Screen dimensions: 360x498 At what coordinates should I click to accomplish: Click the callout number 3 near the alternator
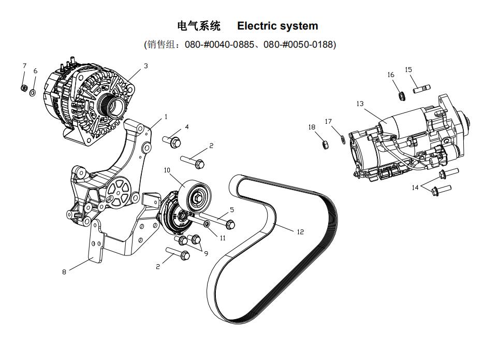146,66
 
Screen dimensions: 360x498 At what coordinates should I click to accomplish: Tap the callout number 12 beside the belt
300,232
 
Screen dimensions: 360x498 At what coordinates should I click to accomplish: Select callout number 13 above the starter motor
360,104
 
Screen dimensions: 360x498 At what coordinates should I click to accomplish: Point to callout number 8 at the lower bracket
64,271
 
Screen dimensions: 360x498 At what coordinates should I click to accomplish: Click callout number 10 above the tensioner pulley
167,170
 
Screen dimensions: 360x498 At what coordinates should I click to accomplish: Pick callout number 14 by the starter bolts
415,188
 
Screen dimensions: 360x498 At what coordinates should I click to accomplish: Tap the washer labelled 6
33,93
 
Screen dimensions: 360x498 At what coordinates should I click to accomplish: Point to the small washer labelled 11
207,224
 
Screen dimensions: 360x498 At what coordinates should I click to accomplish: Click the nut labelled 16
401,95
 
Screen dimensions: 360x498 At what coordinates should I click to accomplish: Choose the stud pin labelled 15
422,89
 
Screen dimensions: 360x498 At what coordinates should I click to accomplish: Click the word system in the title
300,26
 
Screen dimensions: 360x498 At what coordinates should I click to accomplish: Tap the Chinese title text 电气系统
199,26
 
